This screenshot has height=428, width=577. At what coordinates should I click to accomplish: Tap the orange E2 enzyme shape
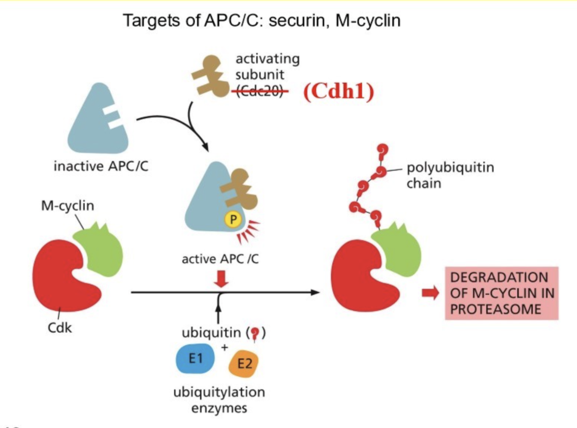pos(244,364)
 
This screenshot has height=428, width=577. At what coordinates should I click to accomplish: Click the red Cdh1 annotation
pos(339,91)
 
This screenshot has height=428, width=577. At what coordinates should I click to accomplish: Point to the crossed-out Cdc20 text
pos(260,91)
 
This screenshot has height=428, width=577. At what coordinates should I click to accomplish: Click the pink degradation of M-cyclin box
pos(501,293)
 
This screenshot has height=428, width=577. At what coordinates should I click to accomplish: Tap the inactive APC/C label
pos(101,166)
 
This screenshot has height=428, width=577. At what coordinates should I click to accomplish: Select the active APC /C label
pos(220,259)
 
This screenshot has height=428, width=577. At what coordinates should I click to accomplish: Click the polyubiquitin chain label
pos(450,175)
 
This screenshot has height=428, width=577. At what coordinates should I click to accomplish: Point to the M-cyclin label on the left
pos(68,205)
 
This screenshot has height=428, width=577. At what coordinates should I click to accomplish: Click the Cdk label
pos(59,328)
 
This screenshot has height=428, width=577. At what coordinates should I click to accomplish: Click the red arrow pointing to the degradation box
pos(430,293)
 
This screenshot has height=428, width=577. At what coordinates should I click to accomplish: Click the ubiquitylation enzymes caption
pos(219,400)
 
